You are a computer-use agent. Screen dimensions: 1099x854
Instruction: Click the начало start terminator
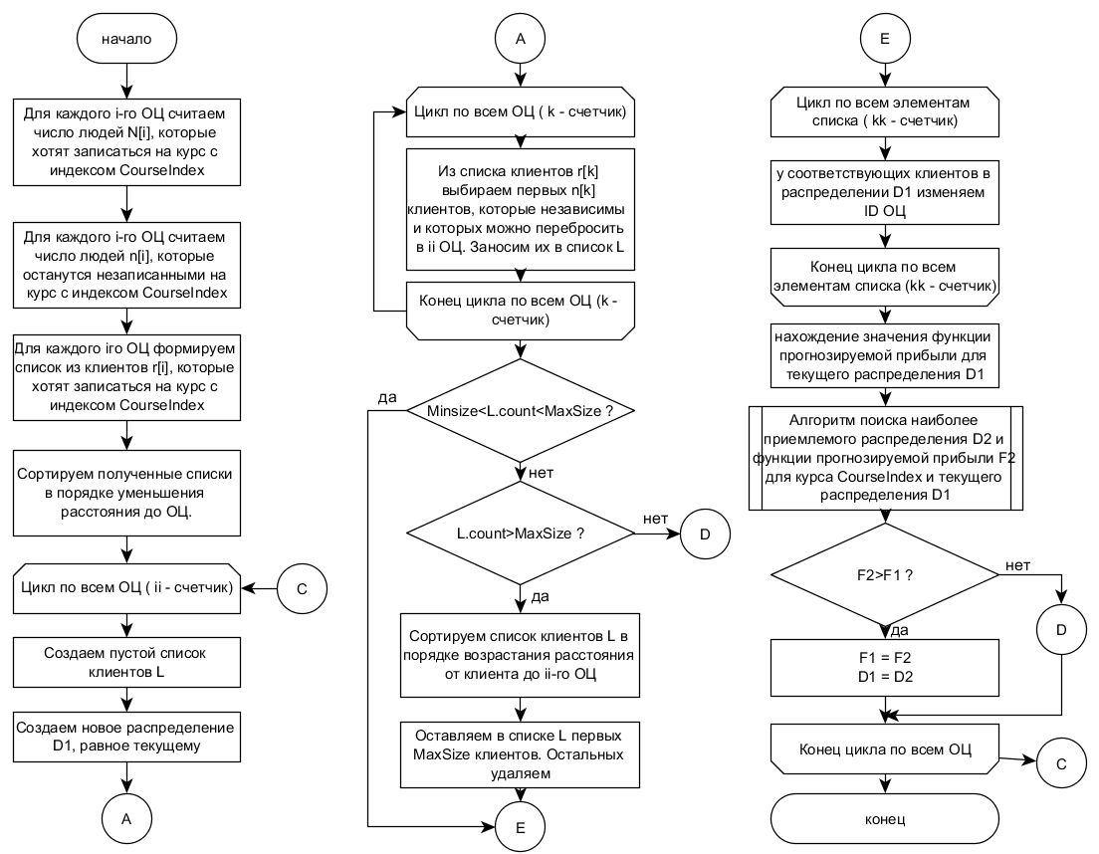pos(126,39)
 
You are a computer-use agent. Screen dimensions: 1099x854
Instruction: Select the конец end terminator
pos(885,819)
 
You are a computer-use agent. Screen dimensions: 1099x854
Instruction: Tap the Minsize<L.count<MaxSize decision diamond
pos(520,410)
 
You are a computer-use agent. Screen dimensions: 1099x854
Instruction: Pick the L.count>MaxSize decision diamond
pos(520,534)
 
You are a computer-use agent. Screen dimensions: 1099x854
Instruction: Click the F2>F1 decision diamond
pos(885,575)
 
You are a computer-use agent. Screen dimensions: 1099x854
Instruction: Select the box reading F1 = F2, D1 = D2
pos(885,667)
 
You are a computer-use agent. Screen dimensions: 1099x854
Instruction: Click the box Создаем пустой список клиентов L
pos(126,662)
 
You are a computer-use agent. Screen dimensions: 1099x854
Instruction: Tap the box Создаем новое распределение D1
pos(126,737)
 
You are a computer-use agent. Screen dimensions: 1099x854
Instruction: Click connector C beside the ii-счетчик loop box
pos(302,588)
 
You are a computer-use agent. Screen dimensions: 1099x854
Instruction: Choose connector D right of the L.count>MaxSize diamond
pos(705,534)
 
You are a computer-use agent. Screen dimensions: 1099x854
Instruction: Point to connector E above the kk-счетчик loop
pos(885,39)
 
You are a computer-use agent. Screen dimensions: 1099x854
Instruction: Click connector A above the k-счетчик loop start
pos(520,39)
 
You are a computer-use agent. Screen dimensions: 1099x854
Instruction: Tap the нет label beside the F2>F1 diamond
pos(1017,565)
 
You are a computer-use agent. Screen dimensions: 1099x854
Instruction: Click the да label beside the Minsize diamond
pos(387,397)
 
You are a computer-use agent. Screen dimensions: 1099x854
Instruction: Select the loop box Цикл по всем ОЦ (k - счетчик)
pos(520,111)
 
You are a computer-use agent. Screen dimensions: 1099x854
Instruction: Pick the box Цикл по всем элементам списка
pos(885,111)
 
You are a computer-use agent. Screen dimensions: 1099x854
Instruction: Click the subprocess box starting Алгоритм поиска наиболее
pos(885,458)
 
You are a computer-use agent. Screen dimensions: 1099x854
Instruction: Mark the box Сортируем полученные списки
pos(126,493)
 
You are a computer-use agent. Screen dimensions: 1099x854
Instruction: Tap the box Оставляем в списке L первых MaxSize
pos(520,754)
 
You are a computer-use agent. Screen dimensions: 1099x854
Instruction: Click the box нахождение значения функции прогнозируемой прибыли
pos(885,355)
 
